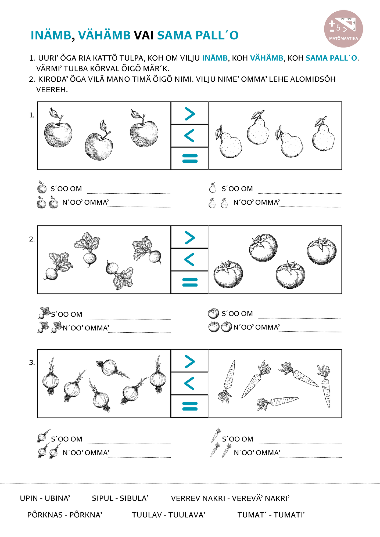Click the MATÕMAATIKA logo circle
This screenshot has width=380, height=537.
pyautogui.click(x=343, y=29)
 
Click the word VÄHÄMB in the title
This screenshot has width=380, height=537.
pyautogui.click(x=104, y=35)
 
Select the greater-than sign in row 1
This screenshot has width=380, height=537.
pyautogui.click(x=190, y=114)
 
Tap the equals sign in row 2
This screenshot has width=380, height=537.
pyautogui.click(x=190, y=282)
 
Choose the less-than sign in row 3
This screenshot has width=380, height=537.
pyautogui.click(x=190, y=383)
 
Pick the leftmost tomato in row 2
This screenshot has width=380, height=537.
pyautogui.click(x=228, y=274)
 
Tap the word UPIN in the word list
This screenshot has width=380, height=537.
pyautogui.click(x=29, y=498)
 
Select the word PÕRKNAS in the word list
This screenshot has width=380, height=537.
pyautogui.click(x=45, y=515)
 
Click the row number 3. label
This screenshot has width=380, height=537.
pyautogui.click(x=32, y=363)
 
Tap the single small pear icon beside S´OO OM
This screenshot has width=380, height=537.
pyautogui.click(x=213, y=188)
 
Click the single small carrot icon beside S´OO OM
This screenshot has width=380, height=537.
pyautogui.click(x=216, y=435)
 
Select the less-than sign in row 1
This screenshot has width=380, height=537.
pyautogui.click(x=190, y=136)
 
